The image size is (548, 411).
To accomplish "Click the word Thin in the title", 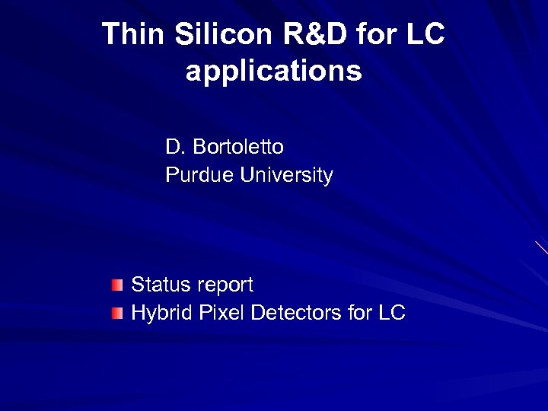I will point(132,33).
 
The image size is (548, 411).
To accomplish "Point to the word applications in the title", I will point(273,72).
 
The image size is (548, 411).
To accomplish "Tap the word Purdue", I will point(200,176).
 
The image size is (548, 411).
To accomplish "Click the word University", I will point(287,176).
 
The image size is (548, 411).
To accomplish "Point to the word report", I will point(225,286).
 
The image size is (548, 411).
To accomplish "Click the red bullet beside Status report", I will point(115,286).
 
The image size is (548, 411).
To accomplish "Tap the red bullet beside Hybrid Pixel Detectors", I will point(115,313).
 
